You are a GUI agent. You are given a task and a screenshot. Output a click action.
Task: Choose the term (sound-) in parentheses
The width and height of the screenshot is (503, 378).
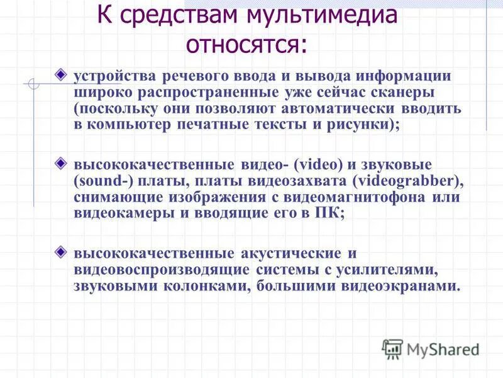[x=100, y=181]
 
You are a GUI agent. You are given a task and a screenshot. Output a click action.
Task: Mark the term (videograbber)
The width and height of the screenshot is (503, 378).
[x=407, y=181]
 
